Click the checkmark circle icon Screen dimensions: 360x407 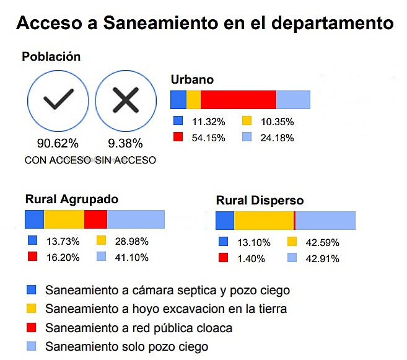click(x=58, y=100)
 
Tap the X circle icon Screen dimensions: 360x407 click(x=125, y=100)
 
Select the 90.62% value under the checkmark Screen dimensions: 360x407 click(x=58, y=144)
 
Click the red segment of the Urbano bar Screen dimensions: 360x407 click(x=239, y=100)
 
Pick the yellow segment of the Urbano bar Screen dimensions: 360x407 click(x=194, y=100)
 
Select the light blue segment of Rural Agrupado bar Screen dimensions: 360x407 click(x=136, y=219)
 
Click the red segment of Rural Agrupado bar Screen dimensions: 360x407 click(x=95, y=219)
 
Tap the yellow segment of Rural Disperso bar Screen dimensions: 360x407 click(x=264, y=221)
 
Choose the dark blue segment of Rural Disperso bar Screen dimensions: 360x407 click(x=225, y=221)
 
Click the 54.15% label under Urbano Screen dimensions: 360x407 click(x=208, y=138)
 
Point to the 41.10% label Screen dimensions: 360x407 click(x=131, y=257)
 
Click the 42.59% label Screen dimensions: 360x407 click(x=322, y=242)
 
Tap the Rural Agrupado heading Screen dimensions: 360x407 click(x=72, y=199)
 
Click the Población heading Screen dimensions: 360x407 click(x=51, y=56)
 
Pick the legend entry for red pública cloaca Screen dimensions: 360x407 click(x=139, y=327)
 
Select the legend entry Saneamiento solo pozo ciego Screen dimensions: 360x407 click(x=126, y=346)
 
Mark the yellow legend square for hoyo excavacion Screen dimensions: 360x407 click(x=32, y=309)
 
